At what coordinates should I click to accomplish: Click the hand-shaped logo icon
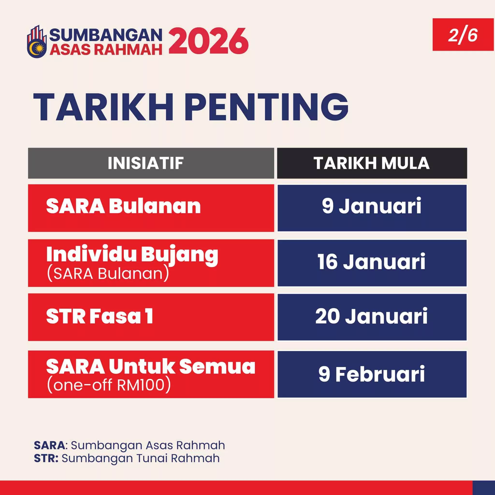(x=37, y=42)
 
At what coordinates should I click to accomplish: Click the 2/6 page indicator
(x=463, y=35)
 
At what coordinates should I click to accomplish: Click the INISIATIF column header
(x=146, y=163)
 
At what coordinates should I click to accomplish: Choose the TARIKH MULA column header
(x=372, y=163)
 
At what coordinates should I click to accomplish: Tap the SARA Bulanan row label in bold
(x=123, y=206)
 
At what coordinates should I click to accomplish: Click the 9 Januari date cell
(x=372, y=206)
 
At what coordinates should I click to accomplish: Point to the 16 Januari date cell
(x=372, y=262)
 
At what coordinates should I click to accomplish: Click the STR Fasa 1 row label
(x=100, y=316)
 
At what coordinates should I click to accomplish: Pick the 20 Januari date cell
(x=372, y=316)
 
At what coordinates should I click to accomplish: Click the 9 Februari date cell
(x=372, y=374)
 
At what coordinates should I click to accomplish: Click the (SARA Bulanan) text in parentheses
(x=108, y=274)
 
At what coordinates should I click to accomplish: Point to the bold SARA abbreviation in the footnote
(x=50, y=445)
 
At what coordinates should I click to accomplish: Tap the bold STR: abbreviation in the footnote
(x=46, y=458)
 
